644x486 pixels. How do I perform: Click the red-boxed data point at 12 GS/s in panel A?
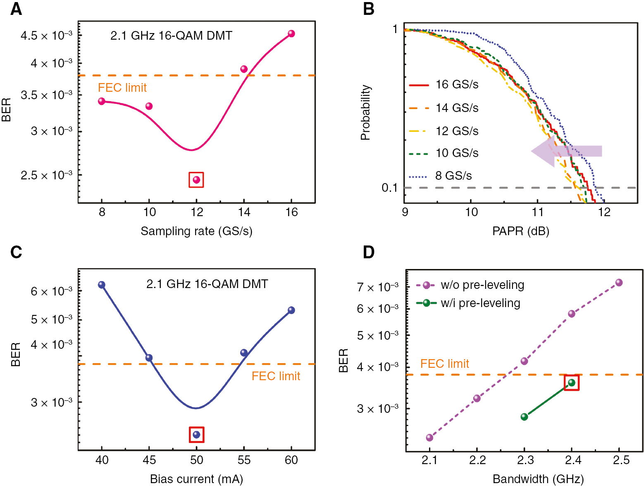click(x=196, y=180)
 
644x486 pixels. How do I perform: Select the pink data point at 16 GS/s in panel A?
click(x=291, y=33)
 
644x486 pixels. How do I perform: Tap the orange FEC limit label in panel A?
click(x=122, y=88)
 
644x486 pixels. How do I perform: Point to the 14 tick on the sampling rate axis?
click(x=244, y=212)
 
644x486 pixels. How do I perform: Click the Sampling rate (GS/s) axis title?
click(x=196, y=231)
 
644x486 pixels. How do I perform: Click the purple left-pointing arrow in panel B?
click(x=566, y=151)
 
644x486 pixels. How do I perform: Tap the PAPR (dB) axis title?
click(x=520, y=231)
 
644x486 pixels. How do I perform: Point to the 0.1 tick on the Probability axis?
click(x=389, y=188)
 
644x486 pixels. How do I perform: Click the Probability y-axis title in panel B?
click(x=365, y=112)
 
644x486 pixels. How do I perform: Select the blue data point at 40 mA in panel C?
click(x=102, y=285)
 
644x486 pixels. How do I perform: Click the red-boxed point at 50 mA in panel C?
click(x=196, y=434)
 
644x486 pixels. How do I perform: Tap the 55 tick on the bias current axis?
click(x=244, y=460)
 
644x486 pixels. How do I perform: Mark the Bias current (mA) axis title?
click(x=196, y=479)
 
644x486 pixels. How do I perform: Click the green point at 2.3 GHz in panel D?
click(x=524, y=417)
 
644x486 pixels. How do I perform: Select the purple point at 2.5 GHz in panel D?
click(x=618, y=283)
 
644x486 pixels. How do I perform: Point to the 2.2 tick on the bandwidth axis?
click(x=477, y=460)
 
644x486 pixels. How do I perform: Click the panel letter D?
click(x=368, y=252)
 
